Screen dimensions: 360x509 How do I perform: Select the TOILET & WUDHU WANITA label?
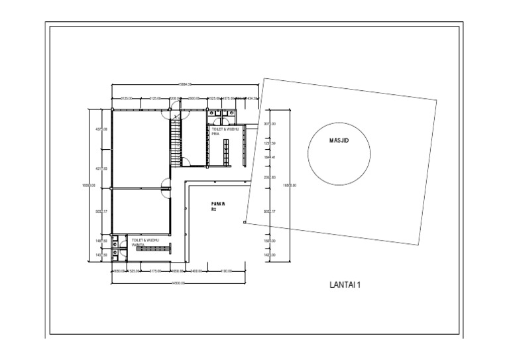[x=145, y=241]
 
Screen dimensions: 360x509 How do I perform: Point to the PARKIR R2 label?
[x=218, y=206]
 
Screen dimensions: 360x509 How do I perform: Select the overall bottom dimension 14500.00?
[x=178, y=283]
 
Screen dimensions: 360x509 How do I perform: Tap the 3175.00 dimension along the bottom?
[x=156, y=270]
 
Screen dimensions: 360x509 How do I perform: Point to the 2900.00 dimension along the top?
[x=194, y=98]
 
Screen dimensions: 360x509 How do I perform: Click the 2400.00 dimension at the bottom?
[x=197, y=270]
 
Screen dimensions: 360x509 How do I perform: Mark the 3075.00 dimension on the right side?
[x=270, y=124]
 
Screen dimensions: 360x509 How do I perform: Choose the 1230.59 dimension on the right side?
[x=270, y=143]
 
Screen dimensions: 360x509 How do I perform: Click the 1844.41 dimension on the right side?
[x=270, y=157]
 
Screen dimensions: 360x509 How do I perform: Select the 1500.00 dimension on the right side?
[x=270, y=241]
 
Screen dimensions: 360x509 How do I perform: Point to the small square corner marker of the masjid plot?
[x=245, y=223]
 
